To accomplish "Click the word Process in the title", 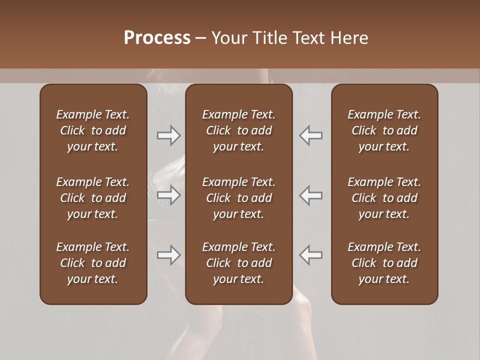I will point(157,38).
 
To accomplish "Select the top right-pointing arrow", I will point(169,135).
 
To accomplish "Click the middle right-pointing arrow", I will point(169,195).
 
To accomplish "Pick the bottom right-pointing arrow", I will point(169,255).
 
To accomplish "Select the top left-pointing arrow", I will point(310,135).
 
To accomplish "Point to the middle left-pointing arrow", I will point(310,195).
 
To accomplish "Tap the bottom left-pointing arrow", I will point(310,255).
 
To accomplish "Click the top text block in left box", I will point(93,130).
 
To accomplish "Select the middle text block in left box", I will point(93,198).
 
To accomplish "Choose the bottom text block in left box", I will point(93,263).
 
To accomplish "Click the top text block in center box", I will point(238,130).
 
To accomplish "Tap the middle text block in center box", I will point(238,198).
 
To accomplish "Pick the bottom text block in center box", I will point(238,263).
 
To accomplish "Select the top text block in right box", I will point(384,130).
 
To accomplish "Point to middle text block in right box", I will point(384,198).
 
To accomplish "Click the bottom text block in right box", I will point(384,263).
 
